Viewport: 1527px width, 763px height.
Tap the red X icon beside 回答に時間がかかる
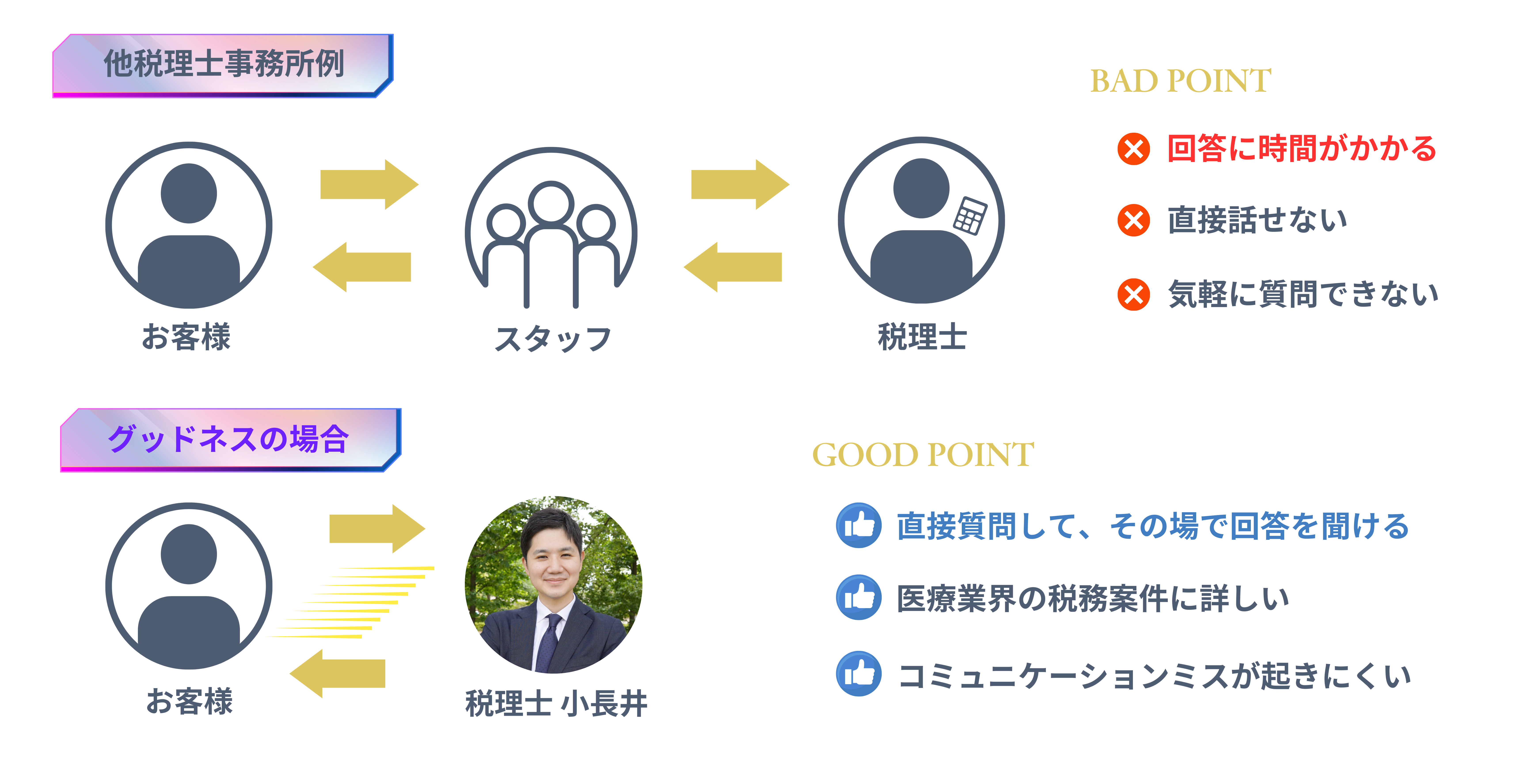click(x=1133, y=149)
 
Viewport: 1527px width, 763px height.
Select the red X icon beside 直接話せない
click(x=1133, y=220)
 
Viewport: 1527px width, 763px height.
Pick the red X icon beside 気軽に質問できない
click(x=1133, y=295)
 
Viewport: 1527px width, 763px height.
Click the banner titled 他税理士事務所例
click(x=223, y=65)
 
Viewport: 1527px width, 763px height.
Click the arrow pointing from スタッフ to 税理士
click(x=740, y=184)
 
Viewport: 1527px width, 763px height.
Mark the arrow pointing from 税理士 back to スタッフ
click(x=733, y=267)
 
